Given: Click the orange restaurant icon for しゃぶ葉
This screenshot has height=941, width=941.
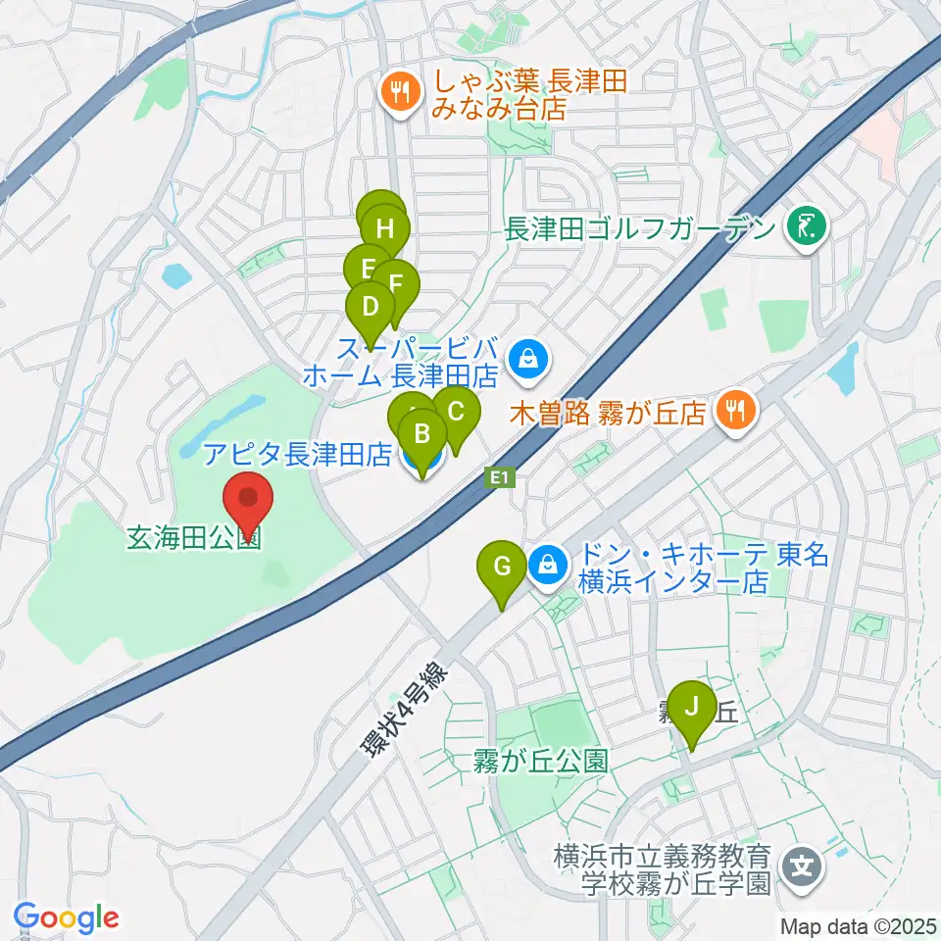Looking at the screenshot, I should [x=397, y=93].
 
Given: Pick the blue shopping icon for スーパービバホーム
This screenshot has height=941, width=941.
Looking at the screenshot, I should [x=527, y=359].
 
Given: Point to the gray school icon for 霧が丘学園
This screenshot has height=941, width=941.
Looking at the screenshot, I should [x=803, y=867].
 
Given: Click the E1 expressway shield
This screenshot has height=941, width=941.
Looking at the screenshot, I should [x=501, y=478].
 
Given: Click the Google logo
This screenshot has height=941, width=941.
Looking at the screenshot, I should [x=66, y=918].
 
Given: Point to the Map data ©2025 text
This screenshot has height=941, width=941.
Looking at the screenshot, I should [x=858, y=925].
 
